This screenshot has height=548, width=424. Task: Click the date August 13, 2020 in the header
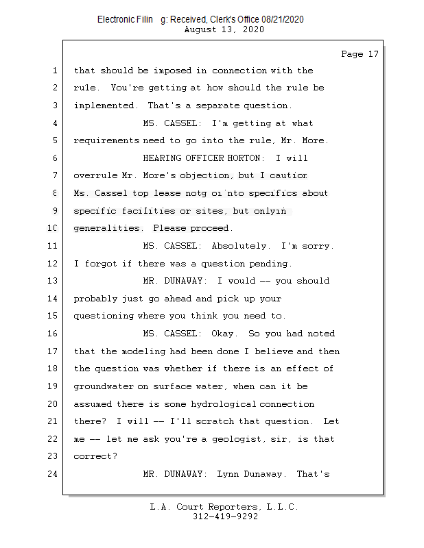(224, 29)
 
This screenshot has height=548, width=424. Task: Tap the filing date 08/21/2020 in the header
(279, 20)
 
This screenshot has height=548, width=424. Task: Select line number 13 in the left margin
(53, 281)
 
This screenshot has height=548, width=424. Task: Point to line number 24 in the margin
(53, 474)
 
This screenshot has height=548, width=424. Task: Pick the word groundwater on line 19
(104, 386)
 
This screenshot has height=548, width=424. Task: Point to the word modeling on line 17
(145, 351)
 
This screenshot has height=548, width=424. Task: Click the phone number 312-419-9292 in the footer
(225, 517)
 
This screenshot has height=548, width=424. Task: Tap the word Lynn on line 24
(228, 474)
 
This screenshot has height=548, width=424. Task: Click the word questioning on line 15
(104, 316)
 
